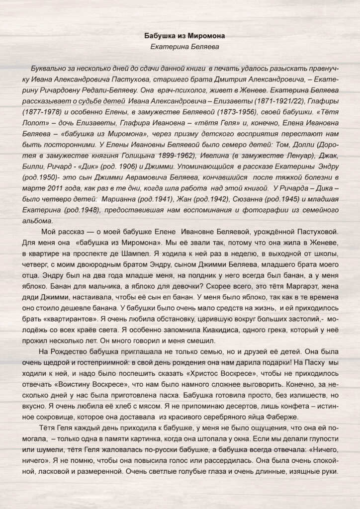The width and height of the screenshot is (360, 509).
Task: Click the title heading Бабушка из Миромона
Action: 180,36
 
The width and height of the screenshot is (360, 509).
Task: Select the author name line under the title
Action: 180,46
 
